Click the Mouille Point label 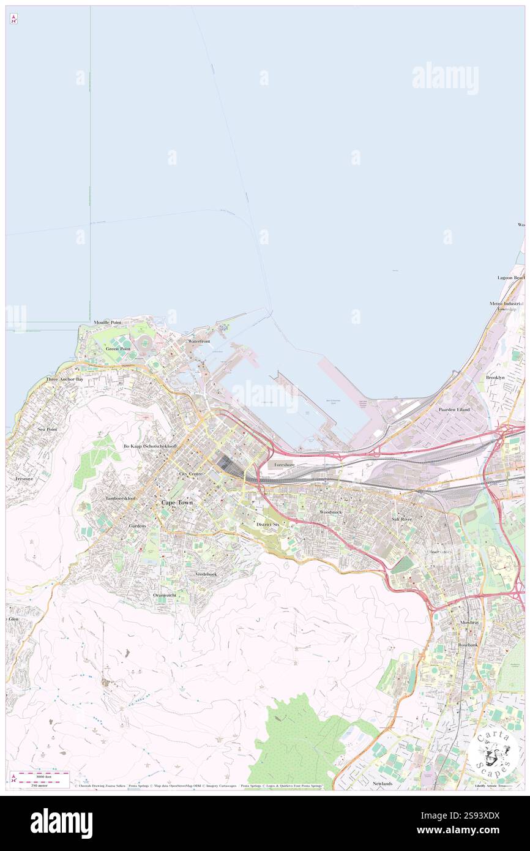point(107,322)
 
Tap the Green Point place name point(118,348)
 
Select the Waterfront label point(199,340)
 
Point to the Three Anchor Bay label point(64,380)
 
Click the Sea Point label point(47,429)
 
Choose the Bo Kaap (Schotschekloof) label point(150,446)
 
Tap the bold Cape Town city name point(177,502)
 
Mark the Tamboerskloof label point(120,498)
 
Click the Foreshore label point(285,465)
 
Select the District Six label point(267,525)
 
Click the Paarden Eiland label point(454,409)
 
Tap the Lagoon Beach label point(510,277)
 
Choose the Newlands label point(382,783)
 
